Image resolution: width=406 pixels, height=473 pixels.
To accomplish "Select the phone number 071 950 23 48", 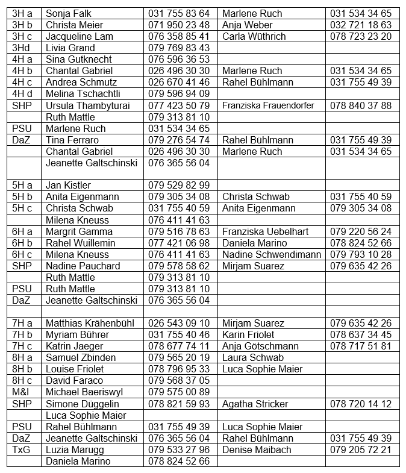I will coord(179,25).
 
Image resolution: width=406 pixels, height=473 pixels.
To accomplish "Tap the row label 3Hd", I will coord(20,48).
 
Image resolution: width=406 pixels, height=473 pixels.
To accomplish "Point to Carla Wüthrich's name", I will coord(254,36).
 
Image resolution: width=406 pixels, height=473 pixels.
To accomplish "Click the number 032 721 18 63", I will coord(360,25).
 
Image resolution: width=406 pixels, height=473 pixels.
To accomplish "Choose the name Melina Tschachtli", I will coord(83,93).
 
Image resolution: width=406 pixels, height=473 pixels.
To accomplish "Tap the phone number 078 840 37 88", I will coord(360,105).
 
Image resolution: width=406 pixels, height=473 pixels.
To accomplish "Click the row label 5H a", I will coord(22,185).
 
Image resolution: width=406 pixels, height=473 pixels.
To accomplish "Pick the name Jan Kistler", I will coord(67,185).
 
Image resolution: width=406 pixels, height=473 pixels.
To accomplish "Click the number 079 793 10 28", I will coord(360,254).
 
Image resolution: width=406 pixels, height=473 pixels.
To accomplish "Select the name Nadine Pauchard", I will coord(83,266).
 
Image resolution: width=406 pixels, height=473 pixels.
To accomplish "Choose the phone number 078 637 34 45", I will coord(360,334).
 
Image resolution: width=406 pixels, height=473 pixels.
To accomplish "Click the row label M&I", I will coord(20,392).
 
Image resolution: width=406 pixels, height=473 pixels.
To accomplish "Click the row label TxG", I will coord(21,450).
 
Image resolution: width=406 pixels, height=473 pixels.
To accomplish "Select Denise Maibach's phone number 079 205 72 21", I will coord(360,450).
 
